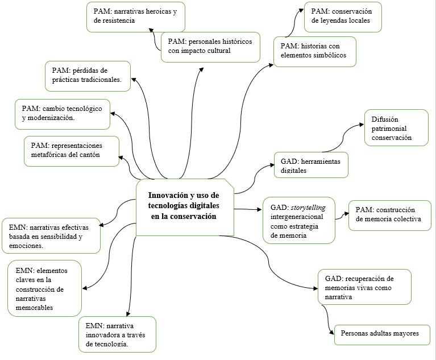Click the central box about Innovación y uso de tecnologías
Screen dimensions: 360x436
[185, 206]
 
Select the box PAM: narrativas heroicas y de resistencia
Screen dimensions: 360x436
[136, 17]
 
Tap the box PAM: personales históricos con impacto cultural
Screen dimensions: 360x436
[210, 47]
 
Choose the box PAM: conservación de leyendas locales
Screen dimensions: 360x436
[343, 16]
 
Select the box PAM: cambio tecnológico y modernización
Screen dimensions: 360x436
[63, 113]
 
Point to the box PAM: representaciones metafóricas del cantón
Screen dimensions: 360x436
[72, 151]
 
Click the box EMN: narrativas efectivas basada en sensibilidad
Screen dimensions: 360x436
[51, 235]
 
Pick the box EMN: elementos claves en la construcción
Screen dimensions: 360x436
[44, 288]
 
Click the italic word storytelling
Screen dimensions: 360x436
[313, 207]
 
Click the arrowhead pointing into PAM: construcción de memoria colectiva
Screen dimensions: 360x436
[346, 215]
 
